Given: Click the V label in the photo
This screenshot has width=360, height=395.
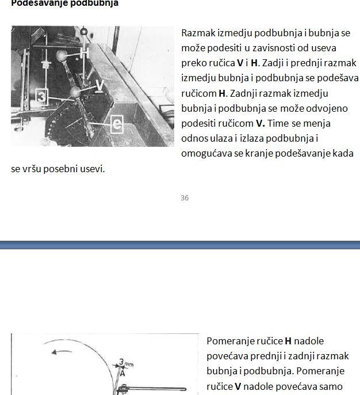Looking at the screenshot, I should click(99, 86).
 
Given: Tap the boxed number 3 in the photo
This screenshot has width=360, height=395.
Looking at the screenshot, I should click(42, 96).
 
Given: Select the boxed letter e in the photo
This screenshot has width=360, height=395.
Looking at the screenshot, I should click(116, 124).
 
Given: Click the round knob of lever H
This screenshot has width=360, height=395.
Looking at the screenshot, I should click(62, 55).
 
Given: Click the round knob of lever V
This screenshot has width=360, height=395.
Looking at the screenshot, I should click(75, 92).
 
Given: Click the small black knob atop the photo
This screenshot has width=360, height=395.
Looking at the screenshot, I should click(84, 31).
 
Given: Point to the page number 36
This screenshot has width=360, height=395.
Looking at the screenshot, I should click(184, 197).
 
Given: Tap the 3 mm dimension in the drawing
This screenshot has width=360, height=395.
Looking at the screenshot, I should click(126, 363).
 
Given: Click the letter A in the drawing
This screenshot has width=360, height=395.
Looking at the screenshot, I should click(122, 373).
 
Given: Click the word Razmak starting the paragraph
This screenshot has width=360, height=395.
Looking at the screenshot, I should click(198, 33).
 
